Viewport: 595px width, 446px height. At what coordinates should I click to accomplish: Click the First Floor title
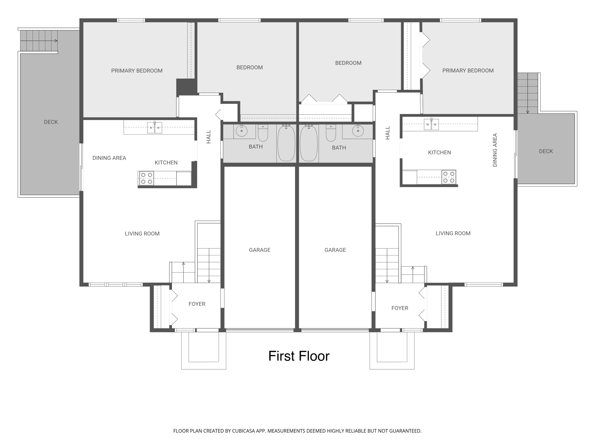pos(299,356)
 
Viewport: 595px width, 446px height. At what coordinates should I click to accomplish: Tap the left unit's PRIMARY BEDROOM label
pos(137,71)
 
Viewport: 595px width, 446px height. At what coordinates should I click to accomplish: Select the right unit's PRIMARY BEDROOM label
pos(468,71)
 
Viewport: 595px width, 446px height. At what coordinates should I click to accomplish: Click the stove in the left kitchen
pos(146,178)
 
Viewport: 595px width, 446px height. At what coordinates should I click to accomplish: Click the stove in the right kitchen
pos(449,177)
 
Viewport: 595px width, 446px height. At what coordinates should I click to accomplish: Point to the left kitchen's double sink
pos(155,128)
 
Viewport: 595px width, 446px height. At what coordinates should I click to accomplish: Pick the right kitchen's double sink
pos(431,124)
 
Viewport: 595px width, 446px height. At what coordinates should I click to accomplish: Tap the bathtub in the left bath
pos(286,143)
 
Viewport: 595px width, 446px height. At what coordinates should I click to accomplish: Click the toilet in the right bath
pos(331,133)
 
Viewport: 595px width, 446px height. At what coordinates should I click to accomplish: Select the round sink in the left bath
pos(242,131)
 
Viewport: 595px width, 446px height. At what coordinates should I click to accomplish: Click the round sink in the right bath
pos(358,131)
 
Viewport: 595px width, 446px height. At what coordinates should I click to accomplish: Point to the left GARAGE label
pos(259,250)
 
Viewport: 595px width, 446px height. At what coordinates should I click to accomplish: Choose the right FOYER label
pos(400,308)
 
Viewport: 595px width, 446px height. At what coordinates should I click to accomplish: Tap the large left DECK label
pos(51,122)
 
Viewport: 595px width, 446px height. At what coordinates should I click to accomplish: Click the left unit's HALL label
pos(209,137)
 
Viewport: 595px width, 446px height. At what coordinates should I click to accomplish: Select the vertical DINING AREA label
pos(495,150)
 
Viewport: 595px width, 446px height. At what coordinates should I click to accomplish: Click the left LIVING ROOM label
pos(142,234)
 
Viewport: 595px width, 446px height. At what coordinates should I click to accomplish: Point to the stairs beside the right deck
pos(528,93)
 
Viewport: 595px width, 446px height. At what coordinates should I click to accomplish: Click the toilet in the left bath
pos(263,133)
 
